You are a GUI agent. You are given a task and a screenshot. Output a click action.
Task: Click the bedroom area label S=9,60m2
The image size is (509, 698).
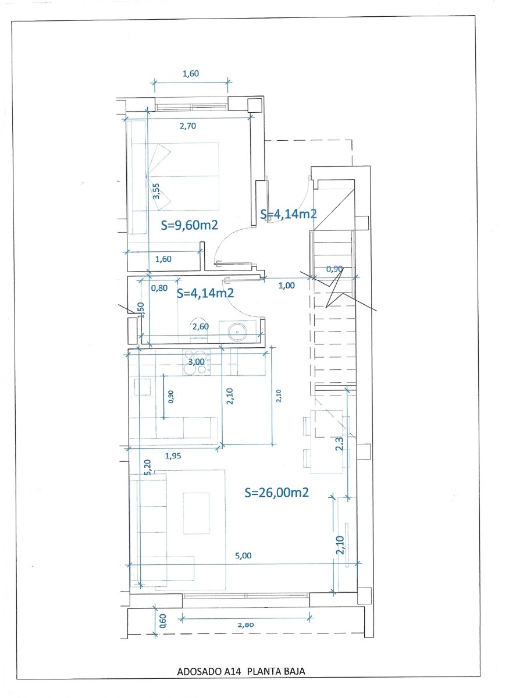(189, 225)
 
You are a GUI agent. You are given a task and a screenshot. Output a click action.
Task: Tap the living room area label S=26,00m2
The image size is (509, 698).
(276, 493)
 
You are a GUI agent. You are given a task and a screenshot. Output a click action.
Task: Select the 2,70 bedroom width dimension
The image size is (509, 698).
(187, 127)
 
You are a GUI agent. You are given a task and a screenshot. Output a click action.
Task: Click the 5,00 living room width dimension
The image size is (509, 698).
(243, 555)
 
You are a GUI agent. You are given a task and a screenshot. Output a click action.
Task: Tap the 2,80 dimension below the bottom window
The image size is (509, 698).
(247, 625)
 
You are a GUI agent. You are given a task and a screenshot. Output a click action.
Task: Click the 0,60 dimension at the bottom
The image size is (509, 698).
(163, 622)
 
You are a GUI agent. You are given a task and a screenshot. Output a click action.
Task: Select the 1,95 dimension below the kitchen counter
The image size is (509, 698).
(173, 456)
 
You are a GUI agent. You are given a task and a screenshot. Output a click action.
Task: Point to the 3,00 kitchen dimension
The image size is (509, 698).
(197, 362)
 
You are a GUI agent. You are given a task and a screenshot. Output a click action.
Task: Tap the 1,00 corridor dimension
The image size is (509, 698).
(287, 285)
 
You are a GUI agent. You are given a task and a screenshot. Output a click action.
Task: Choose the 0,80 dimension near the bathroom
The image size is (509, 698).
(159, 287)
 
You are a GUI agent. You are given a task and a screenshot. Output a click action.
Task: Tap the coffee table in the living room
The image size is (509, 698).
(196, 513)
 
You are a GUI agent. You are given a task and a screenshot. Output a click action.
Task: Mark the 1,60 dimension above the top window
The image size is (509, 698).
(191, 73)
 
